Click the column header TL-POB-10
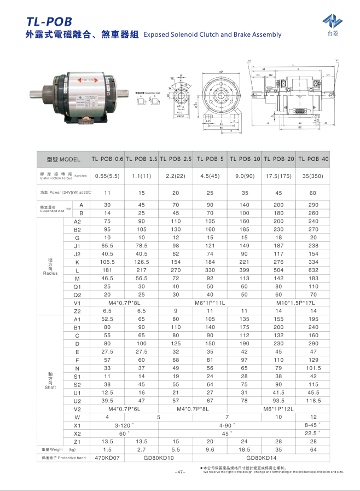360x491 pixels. click(245, 159)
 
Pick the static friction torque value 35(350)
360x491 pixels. click(313, 176)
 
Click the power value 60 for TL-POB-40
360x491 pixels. click(313, 193)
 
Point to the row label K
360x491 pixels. click(77, 262)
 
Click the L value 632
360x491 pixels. click(313, 270)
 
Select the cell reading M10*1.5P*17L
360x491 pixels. click(295, 303)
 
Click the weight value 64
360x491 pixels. click(313, 449)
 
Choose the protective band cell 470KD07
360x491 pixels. click(107, 457)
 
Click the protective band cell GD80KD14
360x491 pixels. click(262, 457)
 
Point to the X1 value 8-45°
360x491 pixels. click(313, 425)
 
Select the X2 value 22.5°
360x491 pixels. click(313, 433)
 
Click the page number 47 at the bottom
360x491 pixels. click(180, 471)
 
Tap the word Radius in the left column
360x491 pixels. click(50, 273)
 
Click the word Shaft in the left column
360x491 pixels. click(50, 387)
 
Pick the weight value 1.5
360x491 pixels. click(107, 449)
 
